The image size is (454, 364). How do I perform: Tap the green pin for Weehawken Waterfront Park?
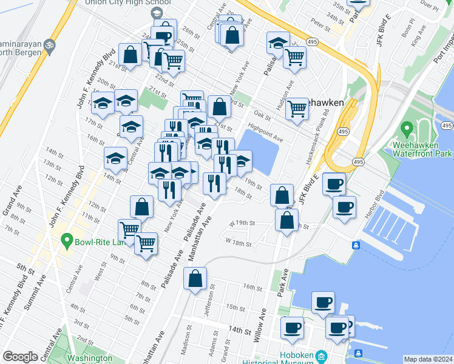coord(407,129)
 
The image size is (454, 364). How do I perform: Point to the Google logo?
coord(20,357)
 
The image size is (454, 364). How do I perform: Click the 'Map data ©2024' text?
coord(428,359)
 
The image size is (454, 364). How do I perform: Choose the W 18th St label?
coord(238,243)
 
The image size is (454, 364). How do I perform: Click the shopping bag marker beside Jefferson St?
coord(195,280)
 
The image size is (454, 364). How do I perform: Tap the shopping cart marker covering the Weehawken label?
coord(297,109)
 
